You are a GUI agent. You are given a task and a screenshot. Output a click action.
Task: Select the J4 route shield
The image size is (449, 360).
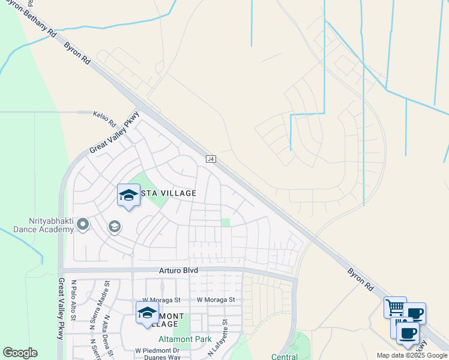pos(211,159)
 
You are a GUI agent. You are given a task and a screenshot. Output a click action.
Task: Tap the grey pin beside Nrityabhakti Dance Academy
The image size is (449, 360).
pos(83,224)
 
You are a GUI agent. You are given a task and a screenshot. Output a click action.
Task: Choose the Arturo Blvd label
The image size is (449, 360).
pos(178,271)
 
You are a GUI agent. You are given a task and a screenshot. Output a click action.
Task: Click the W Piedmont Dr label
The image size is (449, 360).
pos(157,350)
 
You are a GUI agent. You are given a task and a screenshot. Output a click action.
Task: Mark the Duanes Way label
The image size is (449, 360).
pos(166,357)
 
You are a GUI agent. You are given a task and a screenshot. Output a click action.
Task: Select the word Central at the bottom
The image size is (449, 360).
pos(285,356)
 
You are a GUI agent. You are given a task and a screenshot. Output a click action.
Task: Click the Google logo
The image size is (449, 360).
pos(20,353)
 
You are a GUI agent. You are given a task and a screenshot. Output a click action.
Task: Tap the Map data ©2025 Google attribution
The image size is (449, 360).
pos(411,355)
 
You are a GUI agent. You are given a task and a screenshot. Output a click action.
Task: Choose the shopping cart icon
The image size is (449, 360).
pos(395,308)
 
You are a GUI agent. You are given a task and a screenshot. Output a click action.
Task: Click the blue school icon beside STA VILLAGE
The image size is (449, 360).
pos(128,195)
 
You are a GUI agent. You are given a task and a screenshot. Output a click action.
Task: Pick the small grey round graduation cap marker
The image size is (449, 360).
pos(114,227)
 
